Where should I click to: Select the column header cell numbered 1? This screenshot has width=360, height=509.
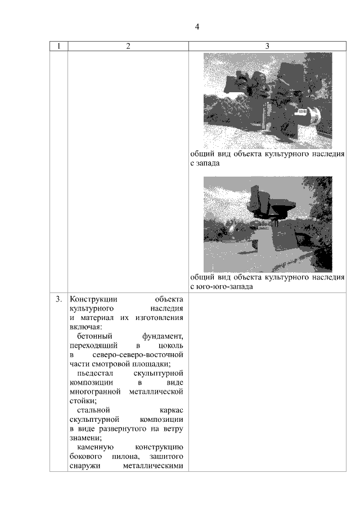(58, 47)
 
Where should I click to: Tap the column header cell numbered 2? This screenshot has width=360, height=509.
(128, 47)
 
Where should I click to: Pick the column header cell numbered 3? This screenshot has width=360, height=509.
(267, 47)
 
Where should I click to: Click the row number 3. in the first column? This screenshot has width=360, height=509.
(58, 299)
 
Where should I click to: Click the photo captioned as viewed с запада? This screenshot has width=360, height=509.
(268, 100)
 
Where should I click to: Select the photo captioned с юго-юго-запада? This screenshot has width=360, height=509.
(268, 224)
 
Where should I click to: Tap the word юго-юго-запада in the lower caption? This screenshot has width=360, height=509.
(224, 287)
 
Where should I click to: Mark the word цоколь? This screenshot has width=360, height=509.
(171, 345)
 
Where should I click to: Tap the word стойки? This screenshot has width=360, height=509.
(82, 401)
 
